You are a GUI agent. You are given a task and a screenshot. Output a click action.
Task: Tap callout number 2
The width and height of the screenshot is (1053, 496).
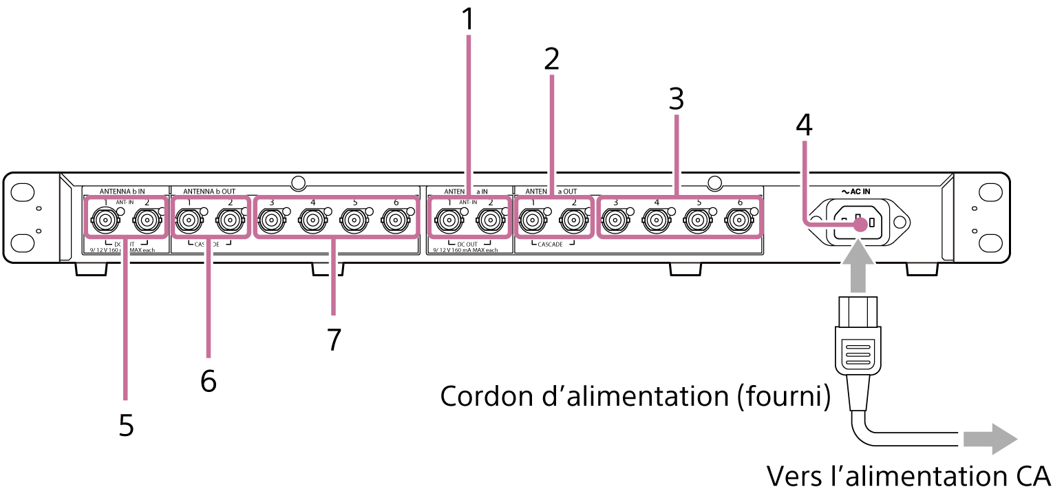coord(551,60)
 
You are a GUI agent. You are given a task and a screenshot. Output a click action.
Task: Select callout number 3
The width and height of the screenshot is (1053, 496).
coord(677,100)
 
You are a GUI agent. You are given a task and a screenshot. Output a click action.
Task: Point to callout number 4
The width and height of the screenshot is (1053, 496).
coord(804,125)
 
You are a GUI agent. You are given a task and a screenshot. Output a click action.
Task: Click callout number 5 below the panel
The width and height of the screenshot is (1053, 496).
coord(125,425)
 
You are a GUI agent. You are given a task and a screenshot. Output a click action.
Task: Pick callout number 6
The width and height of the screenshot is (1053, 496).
coord(208,380)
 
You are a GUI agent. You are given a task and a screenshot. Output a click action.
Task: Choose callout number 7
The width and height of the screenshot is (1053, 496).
coord(334,339)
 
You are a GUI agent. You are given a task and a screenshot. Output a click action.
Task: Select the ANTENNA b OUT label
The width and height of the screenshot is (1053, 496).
coord(209,191)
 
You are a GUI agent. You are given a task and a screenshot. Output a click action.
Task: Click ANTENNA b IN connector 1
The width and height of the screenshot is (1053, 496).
coord(104,221)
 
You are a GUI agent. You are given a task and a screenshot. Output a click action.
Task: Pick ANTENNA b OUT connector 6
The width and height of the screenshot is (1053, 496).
coord(395,221)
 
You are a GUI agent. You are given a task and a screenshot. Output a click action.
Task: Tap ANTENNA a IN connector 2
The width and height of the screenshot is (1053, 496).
coord(489,221)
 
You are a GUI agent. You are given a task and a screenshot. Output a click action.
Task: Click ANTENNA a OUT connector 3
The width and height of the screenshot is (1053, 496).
coord(614,221)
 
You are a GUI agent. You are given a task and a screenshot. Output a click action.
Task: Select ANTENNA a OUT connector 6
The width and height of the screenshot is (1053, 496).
coord(738,221)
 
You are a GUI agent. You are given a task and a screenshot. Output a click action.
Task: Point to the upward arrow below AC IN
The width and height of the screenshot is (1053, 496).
coord(858,266)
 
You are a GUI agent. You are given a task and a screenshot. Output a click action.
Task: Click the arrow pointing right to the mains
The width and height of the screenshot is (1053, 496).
coord(989,439)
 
